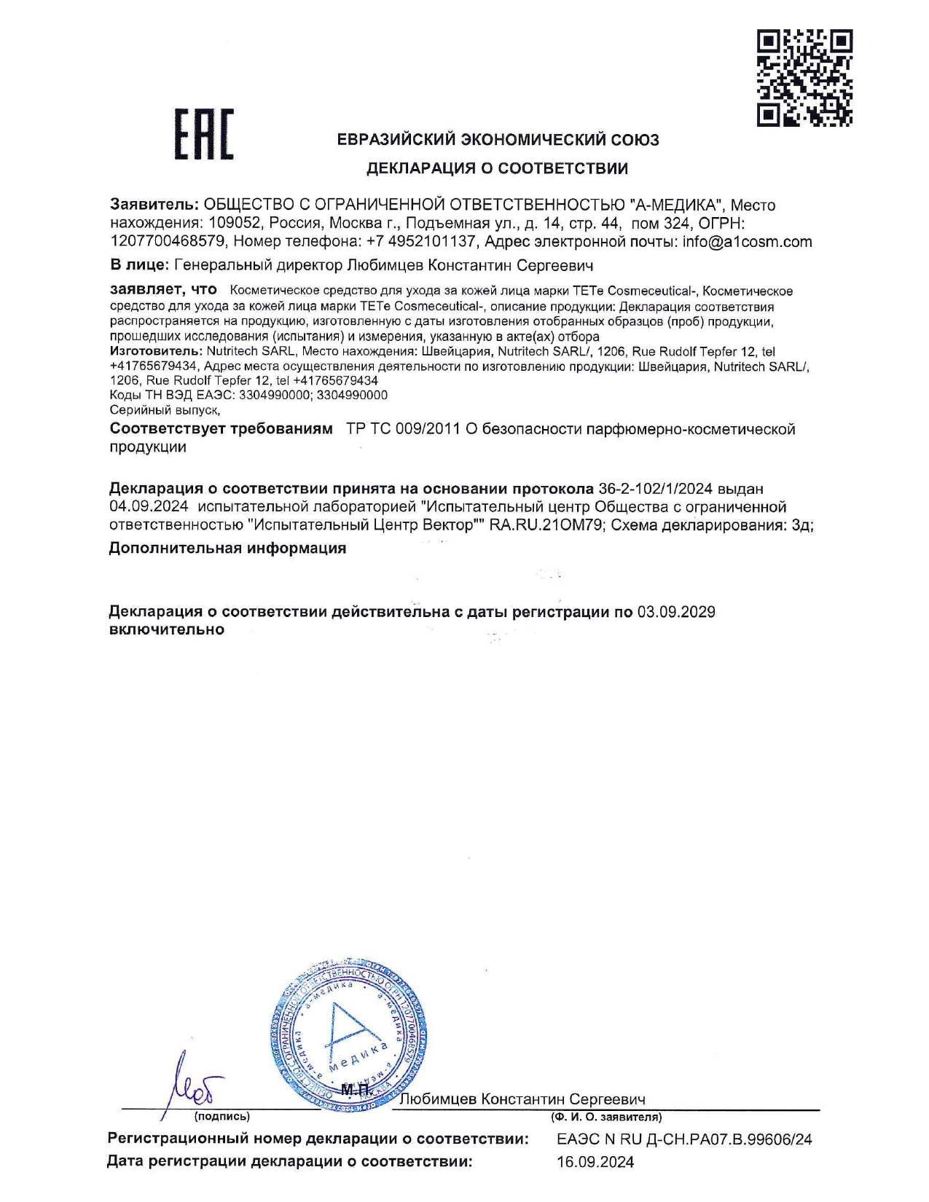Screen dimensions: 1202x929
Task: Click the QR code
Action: pos(804,77)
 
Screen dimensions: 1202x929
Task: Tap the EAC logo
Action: pos(203,134)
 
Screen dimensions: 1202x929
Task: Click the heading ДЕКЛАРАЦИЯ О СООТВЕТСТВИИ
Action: pos(496,169)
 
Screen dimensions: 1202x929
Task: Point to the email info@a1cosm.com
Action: pos(747,242)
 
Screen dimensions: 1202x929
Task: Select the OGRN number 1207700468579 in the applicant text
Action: pos(167,242)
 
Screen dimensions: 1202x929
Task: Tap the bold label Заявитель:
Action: pos(154,205)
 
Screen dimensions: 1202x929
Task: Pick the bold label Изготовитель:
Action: pos(152,351)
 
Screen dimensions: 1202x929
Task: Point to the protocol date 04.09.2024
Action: pos(148,506)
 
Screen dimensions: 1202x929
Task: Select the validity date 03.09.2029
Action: pos(676,612)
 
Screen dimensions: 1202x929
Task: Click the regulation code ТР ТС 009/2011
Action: pos(402,429)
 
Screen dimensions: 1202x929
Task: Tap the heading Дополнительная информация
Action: pos(227,549)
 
